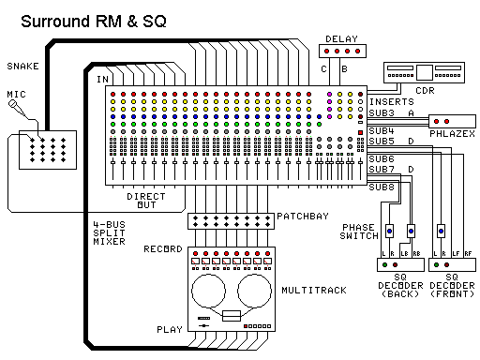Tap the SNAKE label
pos(23,67)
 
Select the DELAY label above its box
pos(342,39)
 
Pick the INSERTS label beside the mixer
pos(388,100)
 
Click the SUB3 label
pos(380,112)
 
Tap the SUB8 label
pos(380,187)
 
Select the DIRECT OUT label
pos(145,202)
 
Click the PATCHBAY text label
pos(301,217)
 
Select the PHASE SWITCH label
pos(359,232)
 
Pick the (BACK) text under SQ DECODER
pos(399,295)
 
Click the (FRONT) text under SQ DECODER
pos(450,295)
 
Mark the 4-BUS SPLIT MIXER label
pos(110,232)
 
